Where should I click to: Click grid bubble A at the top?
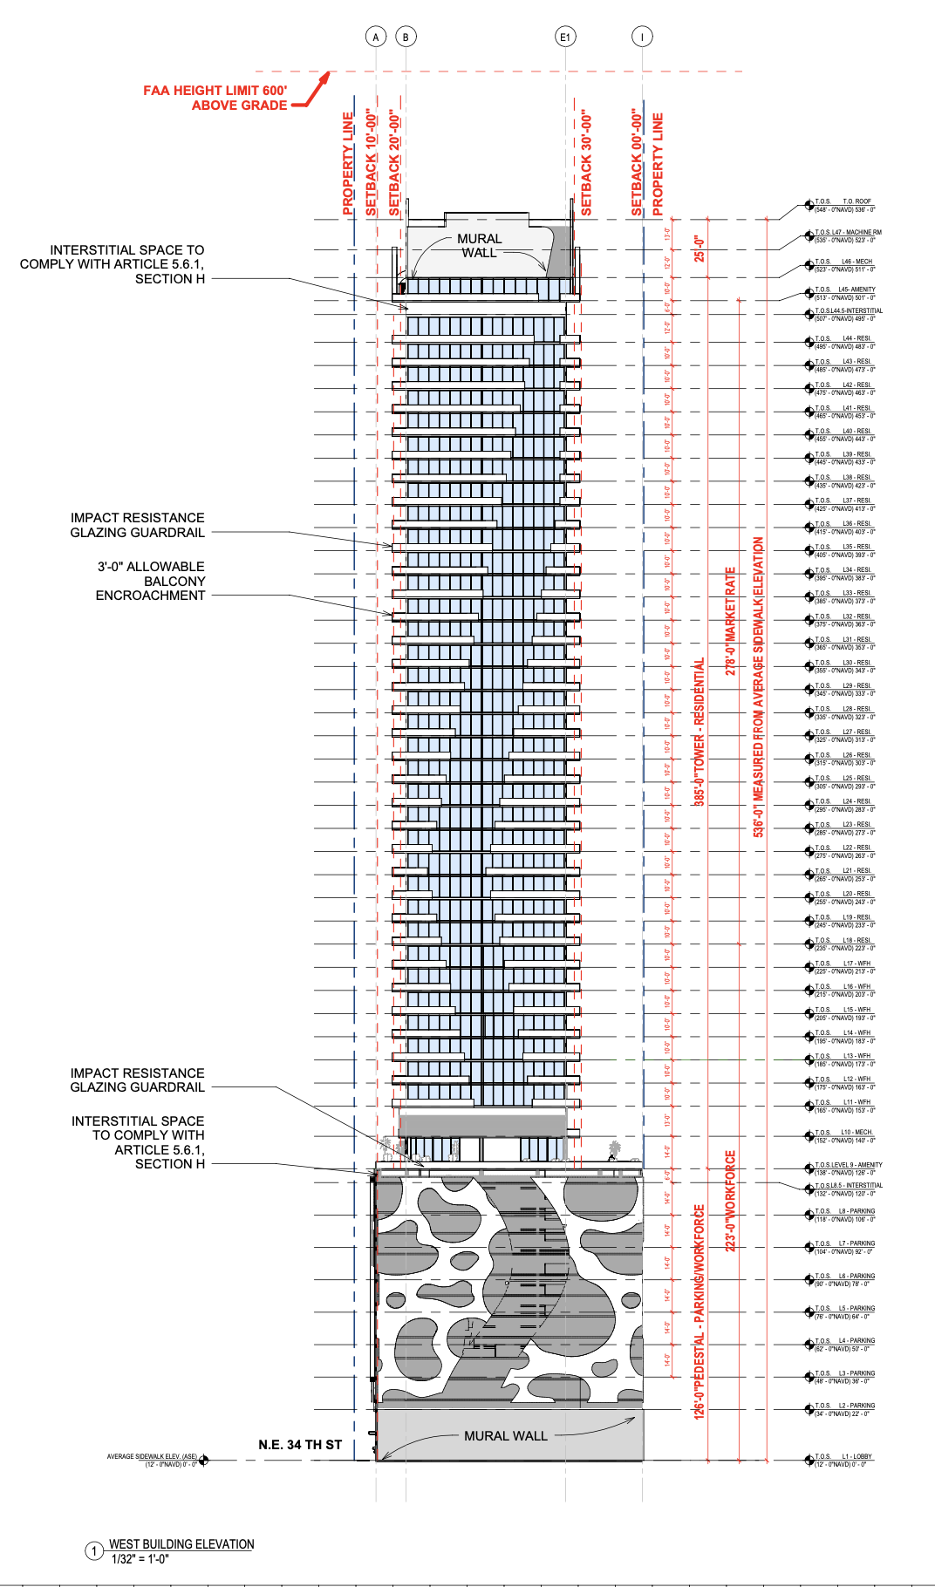(375, 37)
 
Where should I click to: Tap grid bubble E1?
(565, 37)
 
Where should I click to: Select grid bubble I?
(642, 37)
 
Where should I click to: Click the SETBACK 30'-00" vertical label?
(586, 163)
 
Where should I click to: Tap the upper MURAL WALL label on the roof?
(479, 245)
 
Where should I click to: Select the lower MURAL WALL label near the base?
(505, 1435)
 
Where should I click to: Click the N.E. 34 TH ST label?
(300, 1445)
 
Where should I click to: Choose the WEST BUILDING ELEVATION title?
(181, 1544)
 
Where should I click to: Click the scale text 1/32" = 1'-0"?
(140, 1559)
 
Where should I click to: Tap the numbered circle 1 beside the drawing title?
(94, 1551)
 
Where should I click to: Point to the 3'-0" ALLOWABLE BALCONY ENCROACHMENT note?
(151, 581)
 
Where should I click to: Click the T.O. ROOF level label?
(857, 201)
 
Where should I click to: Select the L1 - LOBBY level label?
(857, 1456)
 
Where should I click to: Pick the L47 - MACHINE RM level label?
(861, 233)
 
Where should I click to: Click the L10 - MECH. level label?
(857, 1132)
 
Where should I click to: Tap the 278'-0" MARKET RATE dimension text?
(731, 621)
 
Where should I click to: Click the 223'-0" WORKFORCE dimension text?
(731, 1201)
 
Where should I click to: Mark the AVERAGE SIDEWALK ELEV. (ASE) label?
(152, 1456)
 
